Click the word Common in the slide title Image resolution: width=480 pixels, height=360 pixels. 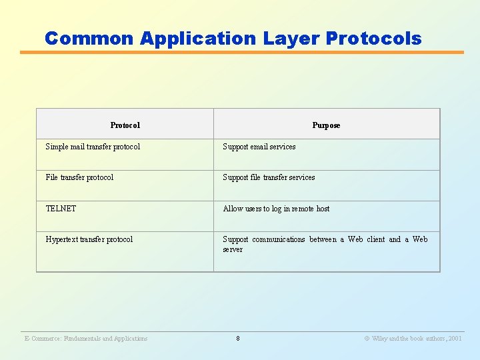tap(90, 39)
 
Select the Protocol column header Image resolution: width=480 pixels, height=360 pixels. tap(125, 125)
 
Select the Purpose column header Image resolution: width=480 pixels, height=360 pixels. tap(326, 125)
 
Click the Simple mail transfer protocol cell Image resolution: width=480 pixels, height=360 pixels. tap(93, 147)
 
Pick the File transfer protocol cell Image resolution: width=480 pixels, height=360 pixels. tap(79, 177)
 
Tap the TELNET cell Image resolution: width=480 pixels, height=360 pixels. tap(61, 209)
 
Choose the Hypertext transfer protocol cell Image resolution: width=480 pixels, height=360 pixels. tap(89, 239)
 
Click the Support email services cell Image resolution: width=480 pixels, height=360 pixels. tap(259, 147)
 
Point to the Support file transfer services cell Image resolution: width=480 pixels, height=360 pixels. tap(269, 177)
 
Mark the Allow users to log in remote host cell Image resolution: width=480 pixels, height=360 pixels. tap(276, 209)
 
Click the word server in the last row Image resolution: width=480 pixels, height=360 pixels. tap(233, 249)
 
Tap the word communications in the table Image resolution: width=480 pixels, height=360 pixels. tap(279, 239)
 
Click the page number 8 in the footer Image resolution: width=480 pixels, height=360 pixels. tap(238, 339)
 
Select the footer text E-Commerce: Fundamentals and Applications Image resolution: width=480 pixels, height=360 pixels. tap(86, 339)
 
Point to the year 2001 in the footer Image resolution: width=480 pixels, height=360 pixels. tap(455, 339)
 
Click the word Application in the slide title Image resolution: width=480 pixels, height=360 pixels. tap(198, 39)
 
